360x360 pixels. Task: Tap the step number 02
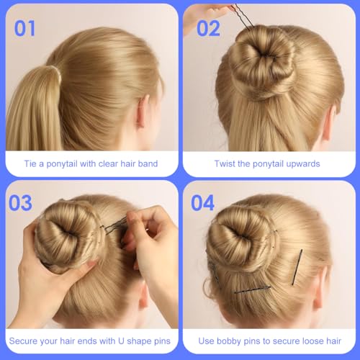click(x=207, y=28)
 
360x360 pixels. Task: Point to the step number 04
click(x=202, y=204)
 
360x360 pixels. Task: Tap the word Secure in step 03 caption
click(x=27, y=339)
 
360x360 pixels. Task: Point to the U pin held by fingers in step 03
click(x=114, y=228)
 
